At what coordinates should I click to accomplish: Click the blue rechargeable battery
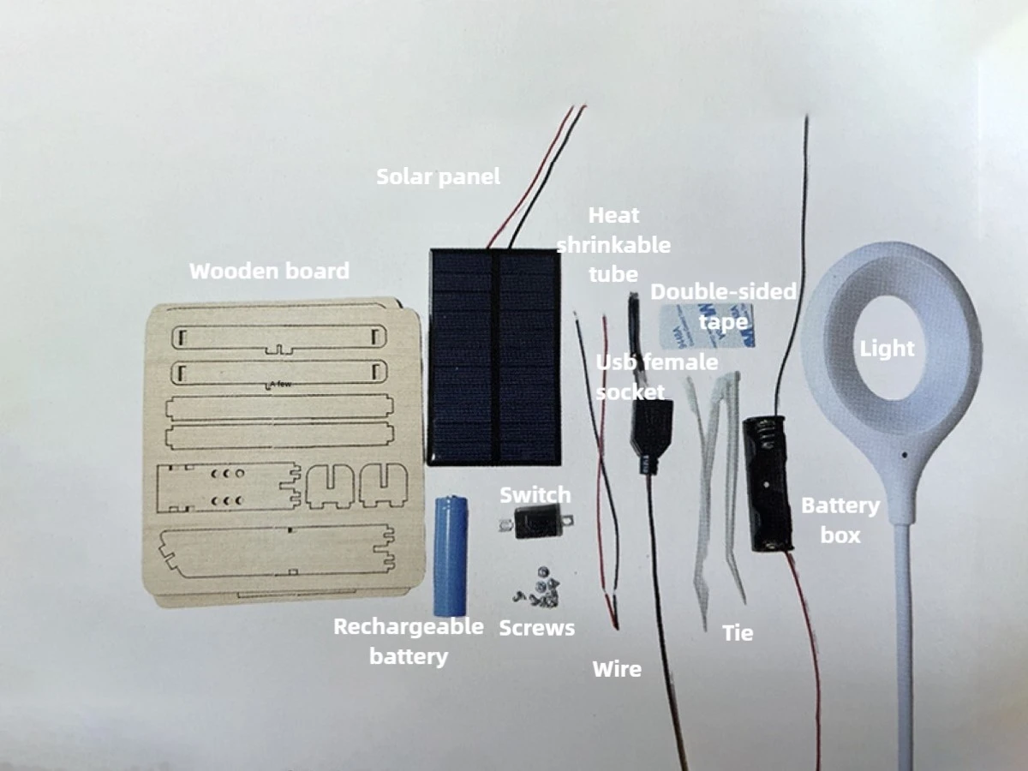(x=451, y=556)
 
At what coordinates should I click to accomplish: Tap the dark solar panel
(x=494, y=357)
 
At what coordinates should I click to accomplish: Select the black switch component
(x=535, y=521)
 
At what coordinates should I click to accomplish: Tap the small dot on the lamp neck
(x=905, y=455)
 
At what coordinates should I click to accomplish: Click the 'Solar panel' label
(x=439, y=176)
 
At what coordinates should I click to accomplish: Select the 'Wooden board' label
(x=269, y=271)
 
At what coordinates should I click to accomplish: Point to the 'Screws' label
(x=537, y=628)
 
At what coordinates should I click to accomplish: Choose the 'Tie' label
(x=738, y=633)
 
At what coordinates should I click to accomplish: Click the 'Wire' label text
(x=617, y=669)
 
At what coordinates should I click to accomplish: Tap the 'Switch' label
(x=535, y=495)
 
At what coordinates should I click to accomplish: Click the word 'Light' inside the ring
(x=887, y=349)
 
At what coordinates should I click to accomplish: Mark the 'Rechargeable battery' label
(x=409, y=642)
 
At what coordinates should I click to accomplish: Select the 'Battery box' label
(x=840, y=521)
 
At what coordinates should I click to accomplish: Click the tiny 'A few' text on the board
(x=281, y=384)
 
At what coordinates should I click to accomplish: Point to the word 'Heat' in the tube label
(x=613, y=215)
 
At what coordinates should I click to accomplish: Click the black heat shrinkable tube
(x=633, y=328)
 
